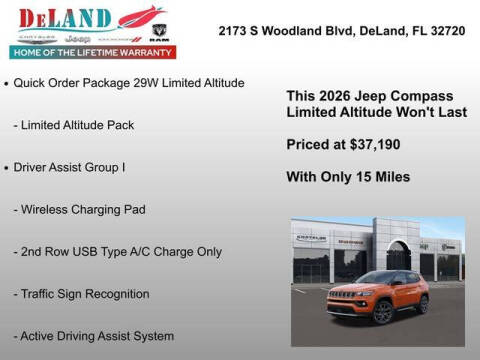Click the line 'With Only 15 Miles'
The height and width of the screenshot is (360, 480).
(x=348, y=177)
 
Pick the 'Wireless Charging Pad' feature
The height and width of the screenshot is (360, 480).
(x=80, y=209)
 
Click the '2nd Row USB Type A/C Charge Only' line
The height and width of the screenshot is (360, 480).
(x=118, y=251)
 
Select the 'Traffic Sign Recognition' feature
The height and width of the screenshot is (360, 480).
(x=82, y=294)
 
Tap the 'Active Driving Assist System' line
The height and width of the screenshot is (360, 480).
(x=94, y=336)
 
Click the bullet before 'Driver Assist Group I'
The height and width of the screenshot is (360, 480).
(x=7, y=167)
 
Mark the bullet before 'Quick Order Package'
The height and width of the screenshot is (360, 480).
(x=7, y=83)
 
